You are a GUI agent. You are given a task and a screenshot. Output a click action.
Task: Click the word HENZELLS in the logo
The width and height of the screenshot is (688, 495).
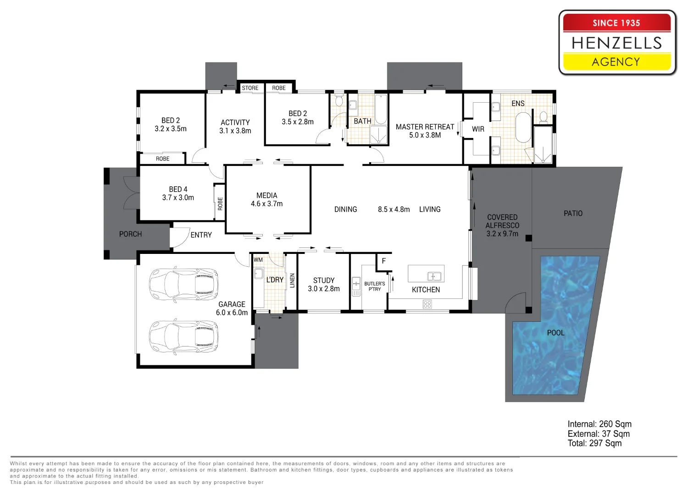coord(617,43)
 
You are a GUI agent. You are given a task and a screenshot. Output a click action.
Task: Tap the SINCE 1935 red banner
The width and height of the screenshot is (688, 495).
coord(617,22)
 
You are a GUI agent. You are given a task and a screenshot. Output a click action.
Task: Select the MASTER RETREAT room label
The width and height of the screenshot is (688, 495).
coord(425,127)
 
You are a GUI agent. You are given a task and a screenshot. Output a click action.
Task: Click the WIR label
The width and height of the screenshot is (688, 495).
coord(478,129)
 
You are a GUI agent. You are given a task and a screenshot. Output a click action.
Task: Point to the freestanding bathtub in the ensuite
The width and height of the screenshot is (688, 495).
coord(523,127)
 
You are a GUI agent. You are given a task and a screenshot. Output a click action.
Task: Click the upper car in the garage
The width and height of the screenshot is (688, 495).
coord(183,284)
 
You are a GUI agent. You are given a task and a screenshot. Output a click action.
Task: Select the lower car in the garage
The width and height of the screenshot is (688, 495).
coord(183,337)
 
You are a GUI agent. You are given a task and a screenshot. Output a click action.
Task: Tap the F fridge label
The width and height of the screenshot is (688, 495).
coord(383,261)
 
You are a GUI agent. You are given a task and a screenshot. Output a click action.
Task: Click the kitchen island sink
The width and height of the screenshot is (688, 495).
coord(434,276)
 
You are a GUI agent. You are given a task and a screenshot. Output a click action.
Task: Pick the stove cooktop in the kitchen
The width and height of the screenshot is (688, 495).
coord(427,304)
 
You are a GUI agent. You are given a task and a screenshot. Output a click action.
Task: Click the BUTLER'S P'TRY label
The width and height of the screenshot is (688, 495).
coord(374,286)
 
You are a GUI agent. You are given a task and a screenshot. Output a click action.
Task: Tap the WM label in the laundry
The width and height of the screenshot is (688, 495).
coord(258,260)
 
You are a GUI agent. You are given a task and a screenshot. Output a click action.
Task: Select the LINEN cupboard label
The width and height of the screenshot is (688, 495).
coord(293,280)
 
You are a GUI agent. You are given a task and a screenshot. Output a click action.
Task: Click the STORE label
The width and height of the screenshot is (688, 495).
coord(250,88)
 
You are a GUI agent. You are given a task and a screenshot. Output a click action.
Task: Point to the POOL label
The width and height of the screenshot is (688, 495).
coord(555,333)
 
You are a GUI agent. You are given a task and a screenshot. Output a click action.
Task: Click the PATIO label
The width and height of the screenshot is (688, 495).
coord(573,213)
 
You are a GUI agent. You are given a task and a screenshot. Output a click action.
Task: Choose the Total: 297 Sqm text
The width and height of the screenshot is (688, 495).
coord(594,443)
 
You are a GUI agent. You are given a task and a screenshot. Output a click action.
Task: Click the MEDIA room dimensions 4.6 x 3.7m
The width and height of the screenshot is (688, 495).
coord(266,204)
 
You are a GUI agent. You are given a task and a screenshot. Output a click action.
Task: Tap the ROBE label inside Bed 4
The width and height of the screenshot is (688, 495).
coord(220,204)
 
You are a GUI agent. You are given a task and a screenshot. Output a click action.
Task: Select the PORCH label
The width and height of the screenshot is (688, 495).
coord(131,234)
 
